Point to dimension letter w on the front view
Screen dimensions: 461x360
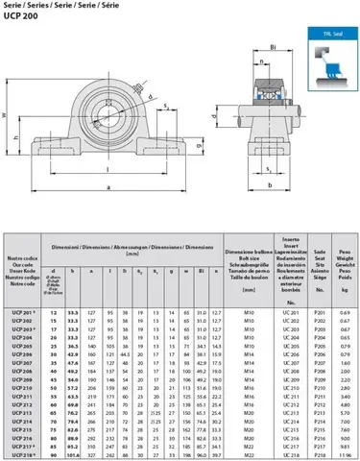5,115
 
